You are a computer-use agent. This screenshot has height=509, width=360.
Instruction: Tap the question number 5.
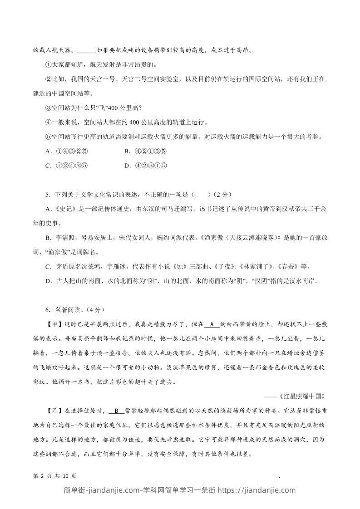(47, 195)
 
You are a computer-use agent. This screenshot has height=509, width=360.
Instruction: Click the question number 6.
(47, 310)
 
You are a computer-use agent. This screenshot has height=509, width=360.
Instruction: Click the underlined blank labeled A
(212, 324)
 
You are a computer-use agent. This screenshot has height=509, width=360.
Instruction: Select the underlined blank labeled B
(116, 411)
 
